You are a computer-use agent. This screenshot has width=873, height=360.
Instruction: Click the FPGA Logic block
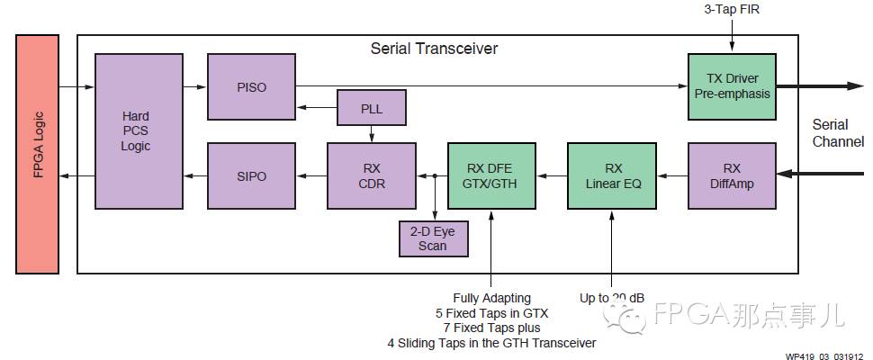coord(38,153)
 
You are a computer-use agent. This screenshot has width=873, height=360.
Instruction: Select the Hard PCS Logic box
coord(136,130)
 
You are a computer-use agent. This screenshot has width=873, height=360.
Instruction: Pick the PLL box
coord(372,108)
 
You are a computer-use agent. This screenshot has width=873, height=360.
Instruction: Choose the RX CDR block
coord(372,175)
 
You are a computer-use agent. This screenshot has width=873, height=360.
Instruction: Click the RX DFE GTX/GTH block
coord(491,175)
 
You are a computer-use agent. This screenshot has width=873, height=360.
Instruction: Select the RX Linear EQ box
coord(613,175)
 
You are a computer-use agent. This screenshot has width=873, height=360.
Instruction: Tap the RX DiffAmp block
coord(731,175)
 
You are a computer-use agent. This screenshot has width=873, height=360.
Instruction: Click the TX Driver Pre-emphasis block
coord(731,86)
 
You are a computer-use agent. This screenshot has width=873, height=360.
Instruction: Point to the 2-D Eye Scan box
coord(433,238)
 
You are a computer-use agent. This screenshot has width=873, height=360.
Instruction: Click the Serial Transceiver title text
coord(434,48)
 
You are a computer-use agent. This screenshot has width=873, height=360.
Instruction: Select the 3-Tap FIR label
coord(733,10)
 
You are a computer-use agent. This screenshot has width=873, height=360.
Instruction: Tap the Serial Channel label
coord(837,133)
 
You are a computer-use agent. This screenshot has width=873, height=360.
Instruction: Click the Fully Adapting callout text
coord(491,297)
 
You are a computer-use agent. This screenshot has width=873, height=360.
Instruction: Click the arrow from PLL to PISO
coord(315,108)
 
